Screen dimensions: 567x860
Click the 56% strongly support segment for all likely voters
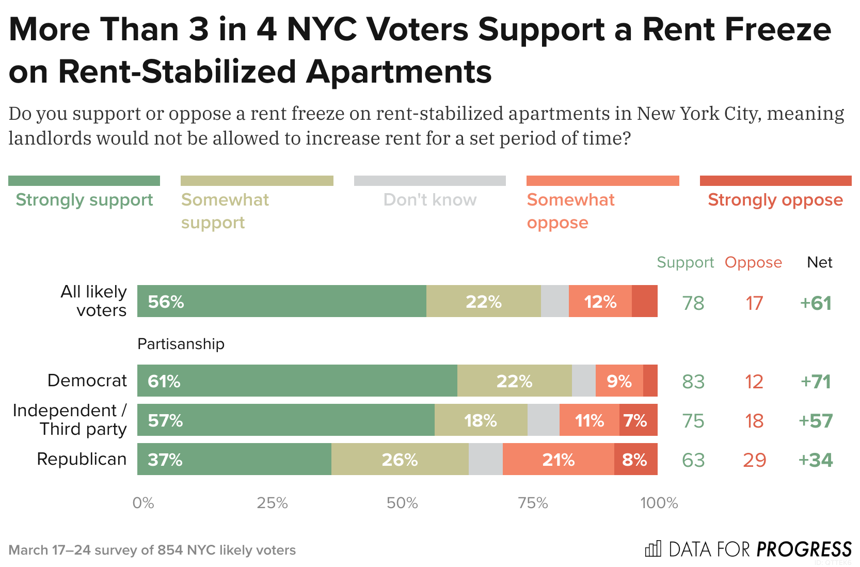(x=281, y=301)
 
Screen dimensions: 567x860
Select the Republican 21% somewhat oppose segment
(x=558, y=459)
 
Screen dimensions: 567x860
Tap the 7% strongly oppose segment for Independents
(x=638, y=420)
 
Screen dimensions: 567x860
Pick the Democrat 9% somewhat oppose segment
(x=619, y=381)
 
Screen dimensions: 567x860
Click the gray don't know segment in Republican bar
(x=485, y=459)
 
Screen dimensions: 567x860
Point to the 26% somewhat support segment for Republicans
(x=400, y=459)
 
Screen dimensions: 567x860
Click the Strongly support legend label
(x=84, y=200)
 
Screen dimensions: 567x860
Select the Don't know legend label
(x=429, y=200)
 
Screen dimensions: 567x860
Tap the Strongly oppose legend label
(x=775, y=200)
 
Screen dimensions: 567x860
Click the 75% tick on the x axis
(x=533, y=503)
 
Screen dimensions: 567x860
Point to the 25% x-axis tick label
(x=272, y=503)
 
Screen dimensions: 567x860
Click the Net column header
(x=819, y=262)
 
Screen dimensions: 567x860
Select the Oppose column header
(x=753, y=262)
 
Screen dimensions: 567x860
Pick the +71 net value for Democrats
(x=816, y=382)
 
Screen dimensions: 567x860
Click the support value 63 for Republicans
(x=693, y=460)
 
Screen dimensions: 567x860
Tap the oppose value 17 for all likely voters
(x=754, y=303)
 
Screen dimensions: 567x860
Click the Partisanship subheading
(x=181, y=344)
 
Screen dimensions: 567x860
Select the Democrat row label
(x=87, y=381)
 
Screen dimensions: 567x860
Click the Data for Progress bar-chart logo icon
(x=653, y=548)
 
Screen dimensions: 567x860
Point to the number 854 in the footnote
(x=170, y=550)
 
